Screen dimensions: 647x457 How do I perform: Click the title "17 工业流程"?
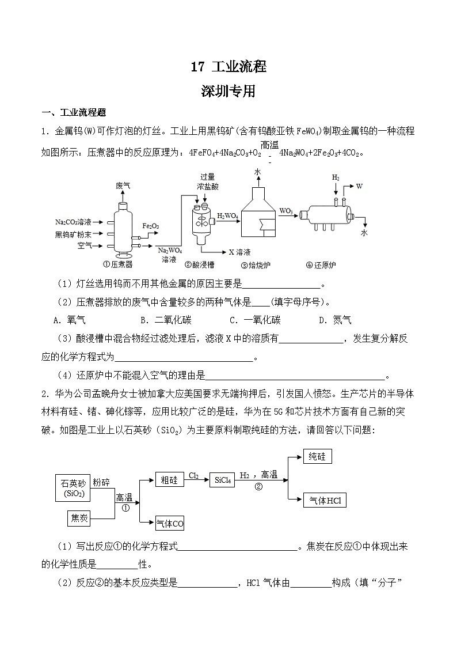pyautogui.click(x=228, y=67)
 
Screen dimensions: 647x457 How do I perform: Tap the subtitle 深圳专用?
pyautogui.click(x=228, y=91)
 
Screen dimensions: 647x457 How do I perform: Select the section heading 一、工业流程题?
pyautogui.click(x=73, y=112)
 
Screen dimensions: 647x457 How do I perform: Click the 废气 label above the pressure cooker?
pyautogui.click(x=123, y=186)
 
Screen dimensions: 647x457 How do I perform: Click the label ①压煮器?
pyautogui.click(x=117, y=265)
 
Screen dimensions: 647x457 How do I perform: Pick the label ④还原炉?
pyautogui.click(x=321, y=265)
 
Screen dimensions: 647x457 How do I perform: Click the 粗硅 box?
pyautogui.click(x=169, y=479)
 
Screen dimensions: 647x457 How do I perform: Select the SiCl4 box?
pyautogui.click(x=223, y=480)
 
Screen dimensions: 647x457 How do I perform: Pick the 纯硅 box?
pyautogui.click(x=317, y=457)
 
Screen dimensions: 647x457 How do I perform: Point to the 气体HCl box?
pyautogui.click(x=325, y=501)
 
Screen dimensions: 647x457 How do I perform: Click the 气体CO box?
pyautogui.click(x=170, y=523)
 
